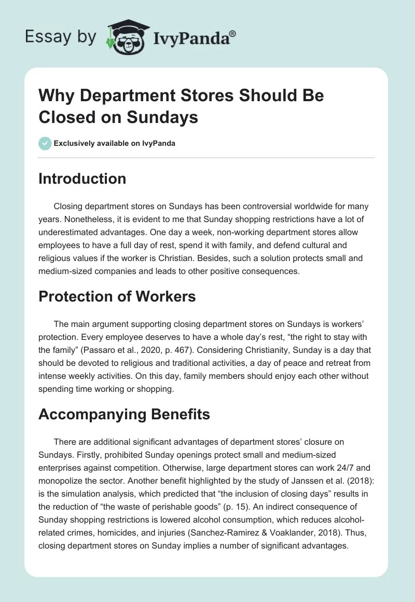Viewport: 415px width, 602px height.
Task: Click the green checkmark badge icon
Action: click(45, 143)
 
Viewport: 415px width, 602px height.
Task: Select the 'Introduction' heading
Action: click(82, 179)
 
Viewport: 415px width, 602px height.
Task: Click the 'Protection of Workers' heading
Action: click(117, 296)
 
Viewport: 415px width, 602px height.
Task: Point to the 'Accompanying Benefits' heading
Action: click(125, 414)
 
